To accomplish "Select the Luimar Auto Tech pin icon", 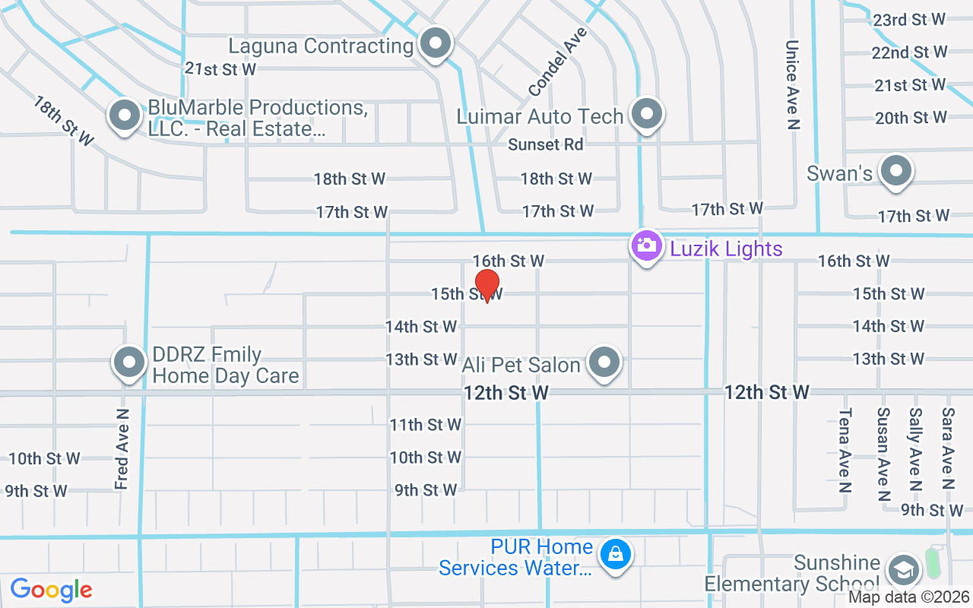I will coord(647,115).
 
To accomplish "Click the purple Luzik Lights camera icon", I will coord(646,246).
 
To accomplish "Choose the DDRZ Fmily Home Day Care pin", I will coord(129,363).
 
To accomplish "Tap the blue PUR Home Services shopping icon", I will coord(616,554).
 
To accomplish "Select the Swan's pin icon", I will coord(896,171).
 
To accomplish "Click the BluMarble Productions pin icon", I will coord(125,116).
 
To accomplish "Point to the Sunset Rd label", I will coord(546,144).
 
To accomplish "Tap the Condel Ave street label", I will coord(558,62).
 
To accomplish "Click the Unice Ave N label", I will coord(792,85).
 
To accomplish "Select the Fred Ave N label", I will coord(122,448).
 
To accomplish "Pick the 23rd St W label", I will coord(909,20).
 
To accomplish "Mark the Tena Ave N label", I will coord(845,450).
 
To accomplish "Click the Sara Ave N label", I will coord(947,448).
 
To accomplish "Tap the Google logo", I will coord(51,590).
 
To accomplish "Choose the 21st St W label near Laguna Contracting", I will coord(220,69).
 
